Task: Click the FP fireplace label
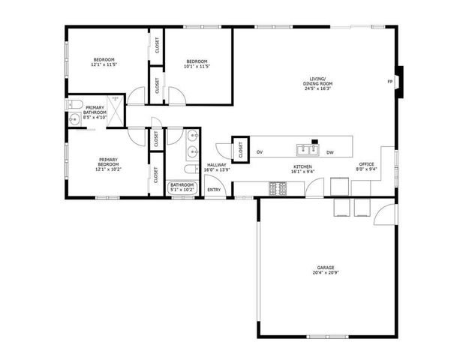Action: tap(389, 81)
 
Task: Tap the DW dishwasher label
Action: tap(329, 152)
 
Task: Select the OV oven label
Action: tap(260, 152)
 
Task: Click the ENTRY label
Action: tap(214, 189)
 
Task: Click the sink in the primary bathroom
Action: tap(74, 120)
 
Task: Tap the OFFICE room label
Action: tap(366, 163)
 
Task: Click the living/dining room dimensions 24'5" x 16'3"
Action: tap(318, 88)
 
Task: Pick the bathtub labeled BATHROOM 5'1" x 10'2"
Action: tap(182, 187)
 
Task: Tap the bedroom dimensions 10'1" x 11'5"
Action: tap(197, 65)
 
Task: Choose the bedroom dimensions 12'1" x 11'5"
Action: tap(104, 64)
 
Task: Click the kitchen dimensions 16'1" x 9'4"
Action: tap(302, 172)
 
